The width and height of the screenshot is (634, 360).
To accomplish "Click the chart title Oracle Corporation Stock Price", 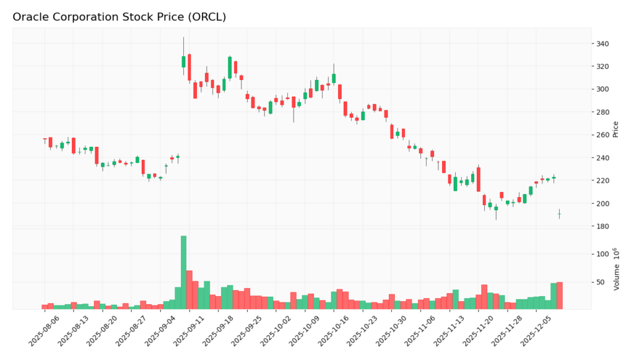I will tap(119, 17).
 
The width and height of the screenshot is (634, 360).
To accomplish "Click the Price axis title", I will tap(615, 130).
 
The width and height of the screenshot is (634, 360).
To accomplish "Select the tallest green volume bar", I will tap(183, 273).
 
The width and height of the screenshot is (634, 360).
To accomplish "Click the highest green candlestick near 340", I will tap(183, 61).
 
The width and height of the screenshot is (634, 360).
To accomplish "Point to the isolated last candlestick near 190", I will tap(559, 214).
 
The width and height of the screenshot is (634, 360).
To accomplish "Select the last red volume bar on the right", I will tap(560, 296).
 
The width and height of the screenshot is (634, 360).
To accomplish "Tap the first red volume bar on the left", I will tap(45, 307).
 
